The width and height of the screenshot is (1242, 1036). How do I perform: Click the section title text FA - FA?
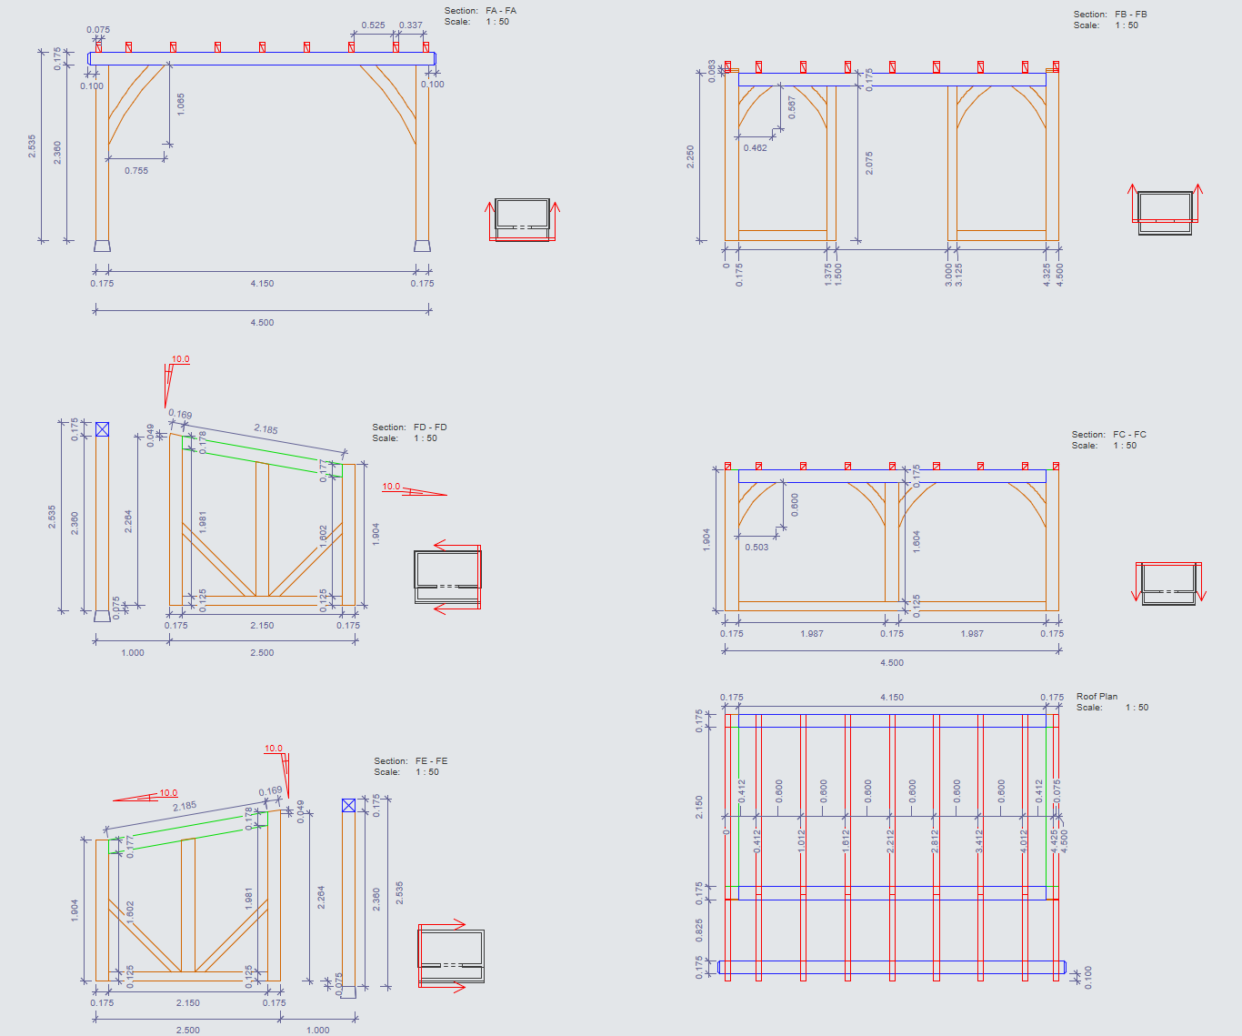pyautogui.click(x=501, y=11)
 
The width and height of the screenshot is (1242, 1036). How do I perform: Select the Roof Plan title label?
pyautogui.click(x=1097, y=697)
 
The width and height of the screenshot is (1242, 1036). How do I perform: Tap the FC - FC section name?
pyautogui.click(x=1129, y=435)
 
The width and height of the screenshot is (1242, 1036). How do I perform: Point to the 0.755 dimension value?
pyautogui.click(x=136, y=171)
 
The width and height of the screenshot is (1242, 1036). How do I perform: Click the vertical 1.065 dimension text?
pyautogui.click(x=180, y=104)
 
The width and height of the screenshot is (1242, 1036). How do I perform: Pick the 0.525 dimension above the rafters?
pyautogui.click(x=373, y=25)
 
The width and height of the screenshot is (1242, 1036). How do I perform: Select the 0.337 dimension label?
pyautogui.click(x=411, y=25)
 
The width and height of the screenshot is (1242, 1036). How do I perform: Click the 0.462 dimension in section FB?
pyautogui.click(x=755, y=148)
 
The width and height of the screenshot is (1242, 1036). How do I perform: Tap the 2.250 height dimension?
pyautogui.click(x=690, y=156)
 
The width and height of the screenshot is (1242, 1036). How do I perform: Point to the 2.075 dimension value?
pyautogui.click(x=869, y=164)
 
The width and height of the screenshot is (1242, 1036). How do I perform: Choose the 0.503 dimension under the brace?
pyautogui.click(x=756, y=548)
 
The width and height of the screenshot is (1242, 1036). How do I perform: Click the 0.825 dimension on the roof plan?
pyautogui.click(x=699, y=930)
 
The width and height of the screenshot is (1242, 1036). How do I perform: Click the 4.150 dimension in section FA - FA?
pyautogui.click(x=262, y=284)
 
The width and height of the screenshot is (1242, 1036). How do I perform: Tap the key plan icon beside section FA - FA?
pyautogui.click(x=522, y=219)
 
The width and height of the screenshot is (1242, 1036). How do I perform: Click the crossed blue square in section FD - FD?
pyautogui.click(x=102, y=429)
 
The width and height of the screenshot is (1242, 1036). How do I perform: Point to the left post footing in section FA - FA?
pyautogui.click(x=102, y=246)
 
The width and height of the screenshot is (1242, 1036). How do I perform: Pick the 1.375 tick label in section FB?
pyautogui.click(x=828, y=276)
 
